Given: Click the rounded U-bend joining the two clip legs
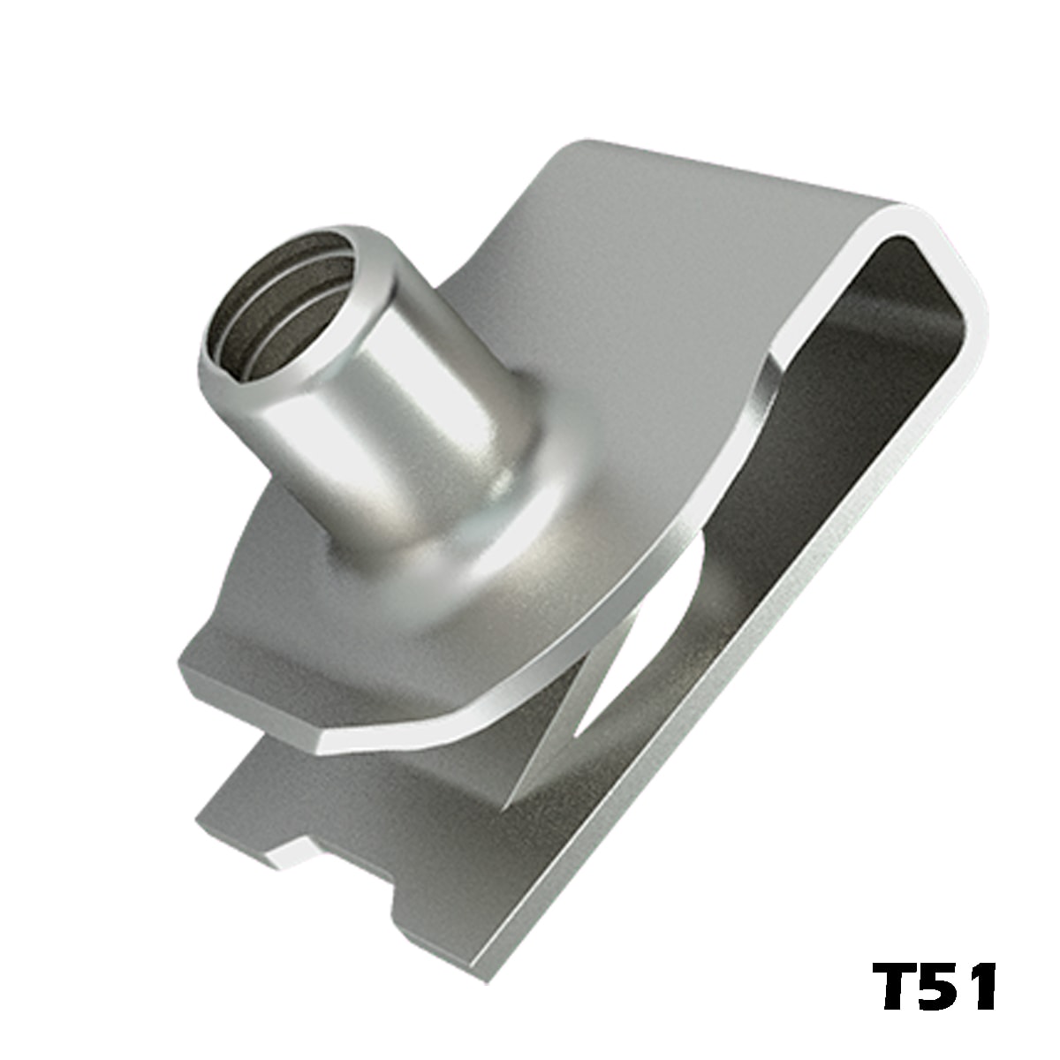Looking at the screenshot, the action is point(929,264).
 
